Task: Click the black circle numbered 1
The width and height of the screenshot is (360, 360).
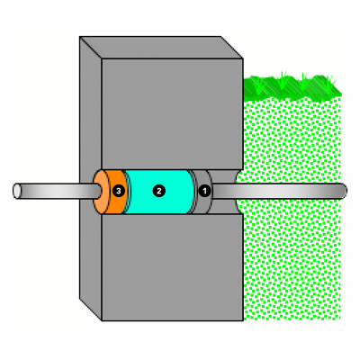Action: [204, 191]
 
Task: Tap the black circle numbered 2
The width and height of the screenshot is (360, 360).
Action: [159, 191]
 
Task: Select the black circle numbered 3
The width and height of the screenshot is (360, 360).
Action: [119, 191]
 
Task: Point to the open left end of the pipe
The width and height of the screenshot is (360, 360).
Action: [17, 191]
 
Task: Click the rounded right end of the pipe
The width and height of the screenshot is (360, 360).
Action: [344, 191]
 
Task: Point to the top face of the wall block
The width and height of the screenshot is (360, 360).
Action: [161, 48]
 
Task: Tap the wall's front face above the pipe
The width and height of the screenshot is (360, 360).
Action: [173, 114]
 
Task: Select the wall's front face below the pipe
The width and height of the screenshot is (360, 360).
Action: [173, 267]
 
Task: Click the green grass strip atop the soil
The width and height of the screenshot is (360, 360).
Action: [292, 87]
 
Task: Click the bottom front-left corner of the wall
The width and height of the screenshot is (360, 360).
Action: [102, 320]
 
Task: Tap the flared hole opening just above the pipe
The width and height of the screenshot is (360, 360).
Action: [225, 176]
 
